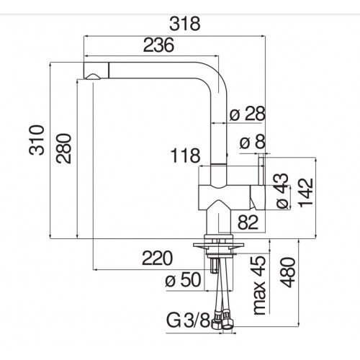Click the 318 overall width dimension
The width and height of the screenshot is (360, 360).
(x=184, y=24)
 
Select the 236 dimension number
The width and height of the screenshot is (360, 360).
(x=158, y=45)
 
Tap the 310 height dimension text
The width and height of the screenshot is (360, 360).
(x=37, y=140)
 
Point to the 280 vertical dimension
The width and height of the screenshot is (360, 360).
(x=64, y=148)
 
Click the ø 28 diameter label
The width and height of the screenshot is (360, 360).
(x=248, y=113)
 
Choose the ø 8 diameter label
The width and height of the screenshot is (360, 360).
(x=253, y=141)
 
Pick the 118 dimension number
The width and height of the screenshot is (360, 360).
(x=185, y=156)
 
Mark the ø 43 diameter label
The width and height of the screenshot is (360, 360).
(x=282, y=191)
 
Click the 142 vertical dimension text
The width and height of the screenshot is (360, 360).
(x=305, y=192)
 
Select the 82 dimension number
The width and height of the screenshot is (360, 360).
(x=248, y=222)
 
